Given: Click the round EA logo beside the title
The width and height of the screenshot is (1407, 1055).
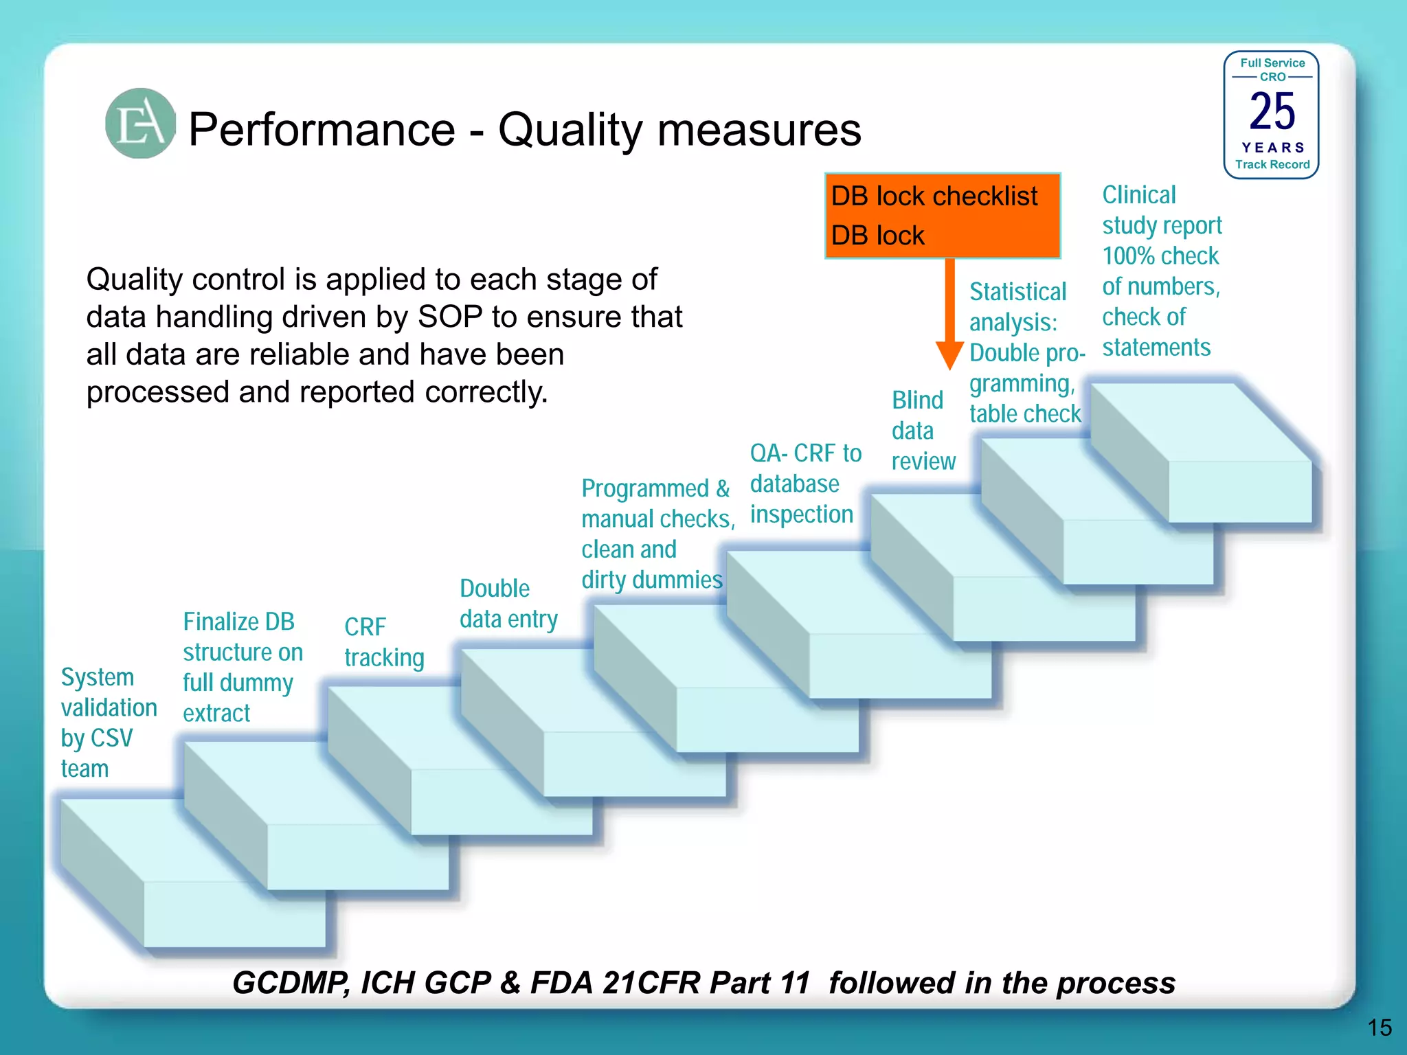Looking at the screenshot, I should point(140,124).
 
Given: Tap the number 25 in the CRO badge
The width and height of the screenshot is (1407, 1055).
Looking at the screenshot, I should point(1272,111).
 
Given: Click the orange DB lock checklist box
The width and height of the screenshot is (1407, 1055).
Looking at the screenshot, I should point(942,216).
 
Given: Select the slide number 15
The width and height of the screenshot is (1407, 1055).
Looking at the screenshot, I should point(1379,1028).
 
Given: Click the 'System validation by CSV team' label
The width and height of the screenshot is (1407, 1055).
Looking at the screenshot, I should point(109,723).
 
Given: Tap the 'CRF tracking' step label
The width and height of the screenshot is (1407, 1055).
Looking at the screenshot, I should point(384,642).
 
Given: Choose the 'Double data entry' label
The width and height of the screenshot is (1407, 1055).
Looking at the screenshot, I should point(508,604).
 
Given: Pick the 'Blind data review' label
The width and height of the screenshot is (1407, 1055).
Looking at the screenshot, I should point(923,431).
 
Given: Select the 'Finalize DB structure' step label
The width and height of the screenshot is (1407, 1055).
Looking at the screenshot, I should point(242,667).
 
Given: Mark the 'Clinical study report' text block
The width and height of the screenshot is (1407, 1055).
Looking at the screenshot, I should point(1162,271).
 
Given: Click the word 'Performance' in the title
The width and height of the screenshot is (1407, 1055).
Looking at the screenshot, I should point(322,129).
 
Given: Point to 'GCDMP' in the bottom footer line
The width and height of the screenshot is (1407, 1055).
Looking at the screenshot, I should point(291,982).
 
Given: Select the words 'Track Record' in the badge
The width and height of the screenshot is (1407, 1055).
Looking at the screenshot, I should point(1272,165).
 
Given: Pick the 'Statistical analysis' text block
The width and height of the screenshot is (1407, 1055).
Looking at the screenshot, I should point(1025,352).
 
